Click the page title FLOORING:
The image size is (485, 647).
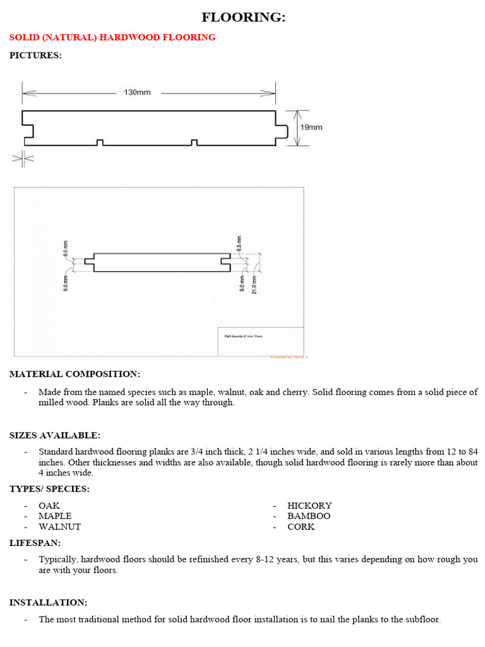(243, 18)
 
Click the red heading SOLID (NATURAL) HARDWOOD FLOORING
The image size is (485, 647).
(112, 37)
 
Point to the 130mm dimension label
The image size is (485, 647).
(137, 92)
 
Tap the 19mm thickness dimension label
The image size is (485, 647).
(311, 128)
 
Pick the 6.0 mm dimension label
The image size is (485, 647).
(65, 247)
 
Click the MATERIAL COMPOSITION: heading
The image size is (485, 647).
(75, 374)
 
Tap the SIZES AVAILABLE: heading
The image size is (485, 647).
(54, 435)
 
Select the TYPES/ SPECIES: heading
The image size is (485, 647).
(49, 488)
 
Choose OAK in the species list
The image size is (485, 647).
(49, 505)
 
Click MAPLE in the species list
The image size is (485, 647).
(55, 516)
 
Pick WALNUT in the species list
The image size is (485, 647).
(59, 526)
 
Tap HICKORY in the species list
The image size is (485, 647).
(309, 505)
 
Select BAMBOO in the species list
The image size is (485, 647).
(309, 516)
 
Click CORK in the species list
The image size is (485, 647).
(301, 526)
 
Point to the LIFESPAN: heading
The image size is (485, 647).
(35, 543)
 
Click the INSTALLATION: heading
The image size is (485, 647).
(48, 602)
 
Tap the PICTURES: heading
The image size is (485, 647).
(35, 55)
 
